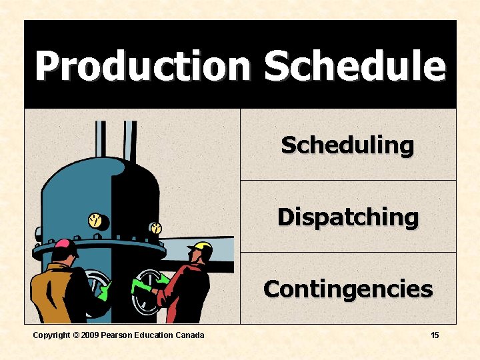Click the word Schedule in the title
tap(354, 66)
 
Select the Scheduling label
tap(347, 145)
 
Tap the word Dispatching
tap(347, 217)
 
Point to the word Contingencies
tap(347, 289)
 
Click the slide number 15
tap(435, 335)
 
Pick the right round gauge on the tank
tap(155, 228)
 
